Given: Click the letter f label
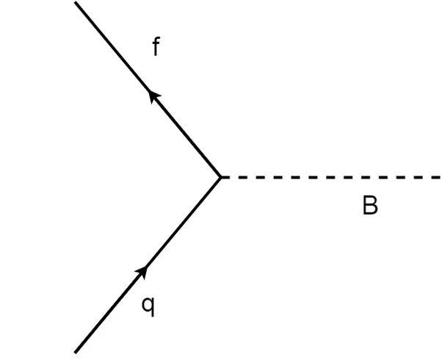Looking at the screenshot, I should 156,48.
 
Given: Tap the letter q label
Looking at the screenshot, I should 148,305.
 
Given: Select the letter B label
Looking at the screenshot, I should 370,206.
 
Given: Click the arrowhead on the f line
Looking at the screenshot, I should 154,96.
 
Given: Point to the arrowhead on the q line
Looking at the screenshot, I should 143,273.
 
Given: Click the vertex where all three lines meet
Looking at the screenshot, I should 221,177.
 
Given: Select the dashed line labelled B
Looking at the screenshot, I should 330,177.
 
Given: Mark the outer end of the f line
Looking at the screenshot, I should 76,2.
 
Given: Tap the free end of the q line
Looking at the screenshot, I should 76,351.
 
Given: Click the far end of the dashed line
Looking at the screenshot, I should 438,177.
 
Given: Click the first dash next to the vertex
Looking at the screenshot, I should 227,177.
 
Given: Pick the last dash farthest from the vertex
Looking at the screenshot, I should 434,177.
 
